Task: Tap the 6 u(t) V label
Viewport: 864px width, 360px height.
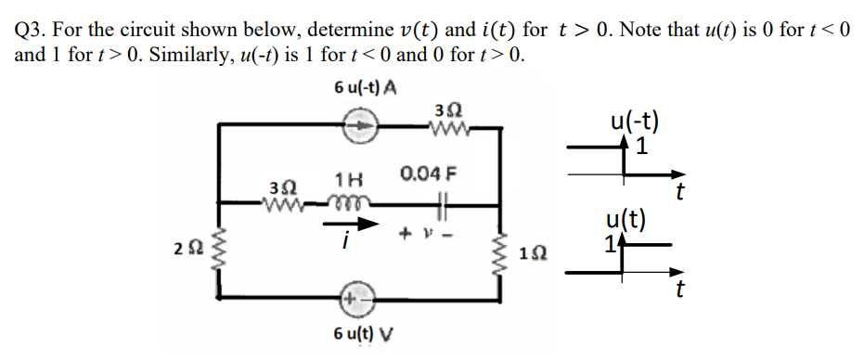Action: pos(363,335)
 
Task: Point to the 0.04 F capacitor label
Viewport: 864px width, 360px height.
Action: pos(428,174)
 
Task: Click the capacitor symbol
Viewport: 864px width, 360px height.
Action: pos(443,200)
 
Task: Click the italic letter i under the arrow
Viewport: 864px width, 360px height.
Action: pos(345,243)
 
